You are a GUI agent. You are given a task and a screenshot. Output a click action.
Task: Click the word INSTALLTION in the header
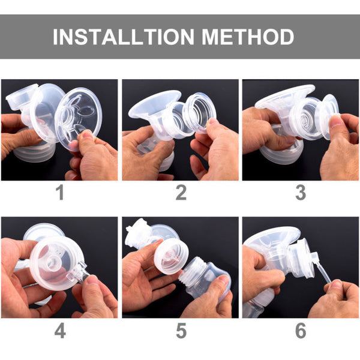(123, 37)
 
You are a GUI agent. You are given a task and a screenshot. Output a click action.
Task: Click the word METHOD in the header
(248, 37)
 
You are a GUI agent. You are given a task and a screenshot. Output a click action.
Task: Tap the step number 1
(59, 193)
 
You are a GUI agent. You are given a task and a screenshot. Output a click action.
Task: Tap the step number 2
(180, 193)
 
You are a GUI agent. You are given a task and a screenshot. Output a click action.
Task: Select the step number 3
(300, 193)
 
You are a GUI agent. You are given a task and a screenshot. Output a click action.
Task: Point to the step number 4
(59, 330)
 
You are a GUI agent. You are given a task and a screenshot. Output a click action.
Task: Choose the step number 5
(180, 330)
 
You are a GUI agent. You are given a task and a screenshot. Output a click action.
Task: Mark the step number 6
(300, 330)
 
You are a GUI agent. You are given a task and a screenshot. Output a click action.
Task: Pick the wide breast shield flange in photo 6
(270, 238)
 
